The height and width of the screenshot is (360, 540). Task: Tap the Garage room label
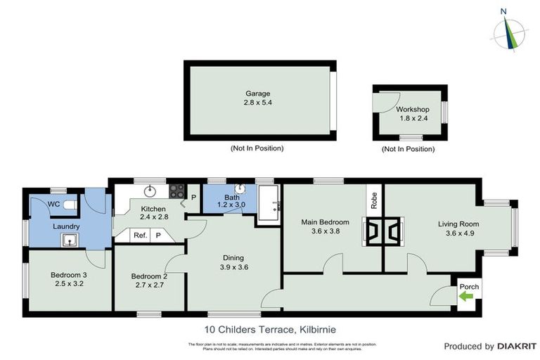point(257,94)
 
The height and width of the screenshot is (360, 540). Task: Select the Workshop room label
point(412,110)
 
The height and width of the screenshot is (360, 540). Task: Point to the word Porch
point(468,287)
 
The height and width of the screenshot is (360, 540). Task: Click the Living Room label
point(458,224)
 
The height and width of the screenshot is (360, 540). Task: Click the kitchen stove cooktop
point(177,191)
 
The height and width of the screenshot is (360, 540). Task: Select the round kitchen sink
point(150,190)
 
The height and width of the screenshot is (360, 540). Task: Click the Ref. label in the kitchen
point(141,236)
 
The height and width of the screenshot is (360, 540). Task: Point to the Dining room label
point(233,257)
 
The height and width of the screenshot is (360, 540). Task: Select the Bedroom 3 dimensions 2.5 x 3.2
point(68,284)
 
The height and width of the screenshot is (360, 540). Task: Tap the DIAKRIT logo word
point(517,347)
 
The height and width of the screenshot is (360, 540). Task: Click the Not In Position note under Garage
point(257,148)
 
